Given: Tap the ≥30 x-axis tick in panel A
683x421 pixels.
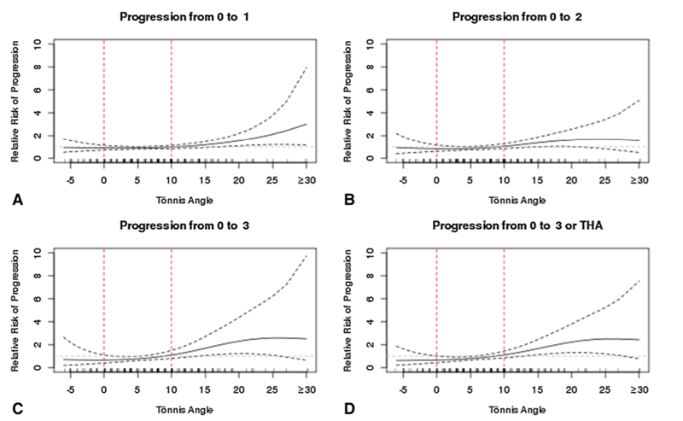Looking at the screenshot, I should tap(303, 179).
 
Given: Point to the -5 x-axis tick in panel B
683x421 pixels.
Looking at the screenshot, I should tap(402, 179).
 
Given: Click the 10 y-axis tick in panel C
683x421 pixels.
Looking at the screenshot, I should tap(35, 253).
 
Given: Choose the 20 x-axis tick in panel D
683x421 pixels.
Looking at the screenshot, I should tap(570, 389).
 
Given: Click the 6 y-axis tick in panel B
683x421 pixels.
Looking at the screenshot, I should tap(367, 89).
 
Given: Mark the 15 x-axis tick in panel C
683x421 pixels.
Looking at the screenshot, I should tap(205, 389).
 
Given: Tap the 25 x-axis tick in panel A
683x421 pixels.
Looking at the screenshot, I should tap(272, 179).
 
